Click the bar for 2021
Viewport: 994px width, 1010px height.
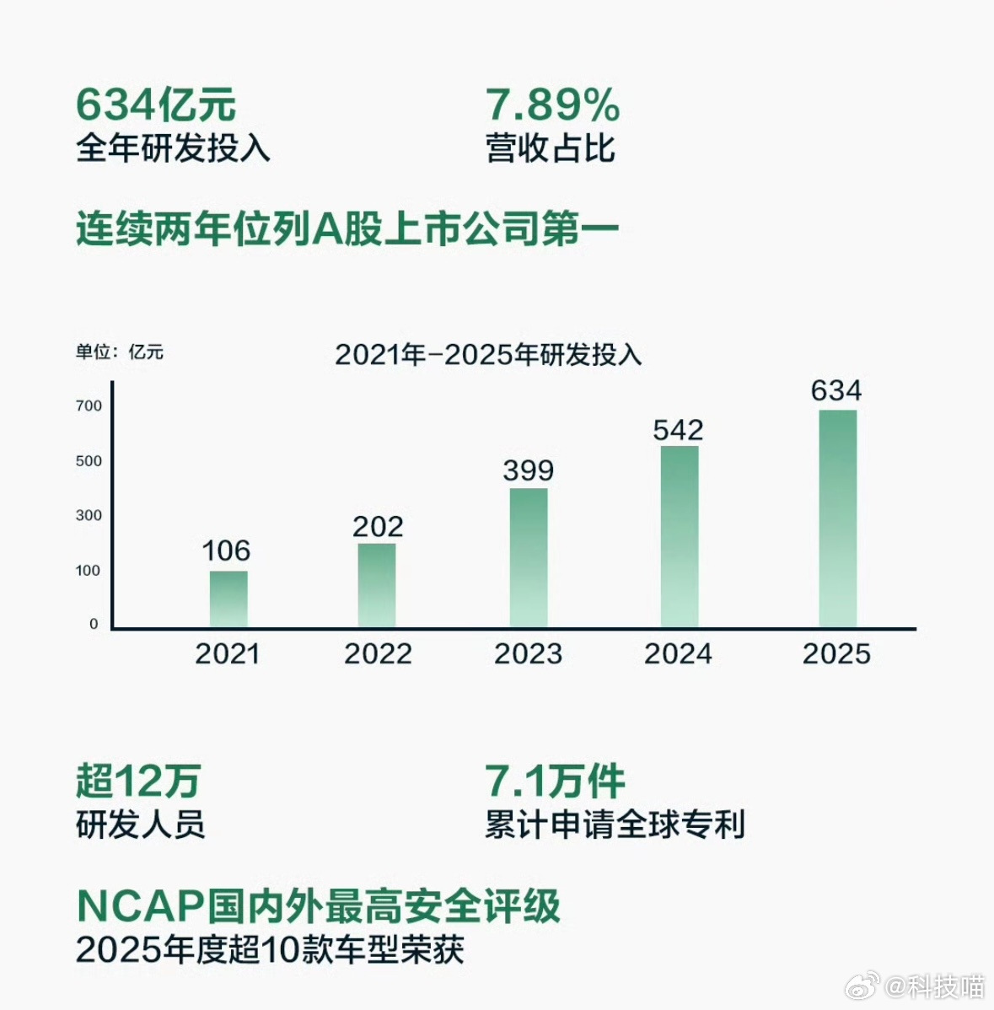click(x=228, y=599)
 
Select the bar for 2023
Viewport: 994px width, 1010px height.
click(x=529, y=558)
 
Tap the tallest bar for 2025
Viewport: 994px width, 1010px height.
click(x=837, y=518)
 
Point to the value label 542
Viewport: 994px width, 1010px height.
click(x=678, y=430)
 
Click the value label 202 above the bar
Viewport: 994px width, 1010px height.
click(x=378, y=527)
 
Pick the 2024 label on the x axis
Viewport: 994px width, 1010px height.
click(x=678, y=654)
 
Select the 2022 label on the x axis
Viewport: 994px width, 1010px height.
click(x=378, y=654)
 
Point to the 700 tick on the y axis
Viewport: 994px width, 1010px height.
click(x=89, y=406)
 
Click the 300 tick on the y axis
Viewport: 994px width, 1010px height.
click(x=89, y=515)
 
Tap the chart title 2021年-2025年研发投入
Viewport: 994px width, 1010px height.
click(x=488, y=355)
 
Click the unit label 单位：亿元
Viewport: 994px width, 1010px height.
click(x=120, y=352)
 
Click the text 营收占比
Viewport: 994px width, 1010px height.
click(x=550, y=148)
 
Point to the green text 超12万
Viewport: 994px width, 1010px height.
click(x=138, y=781)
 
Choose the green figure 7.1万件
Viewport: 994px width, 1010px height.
click(x=555, y=781)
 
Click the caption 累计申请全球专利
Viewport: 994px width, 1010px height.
click(x=615, y=825)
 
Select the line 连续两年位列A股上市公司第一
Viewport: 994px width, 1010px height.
click(x=347, y=229)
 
